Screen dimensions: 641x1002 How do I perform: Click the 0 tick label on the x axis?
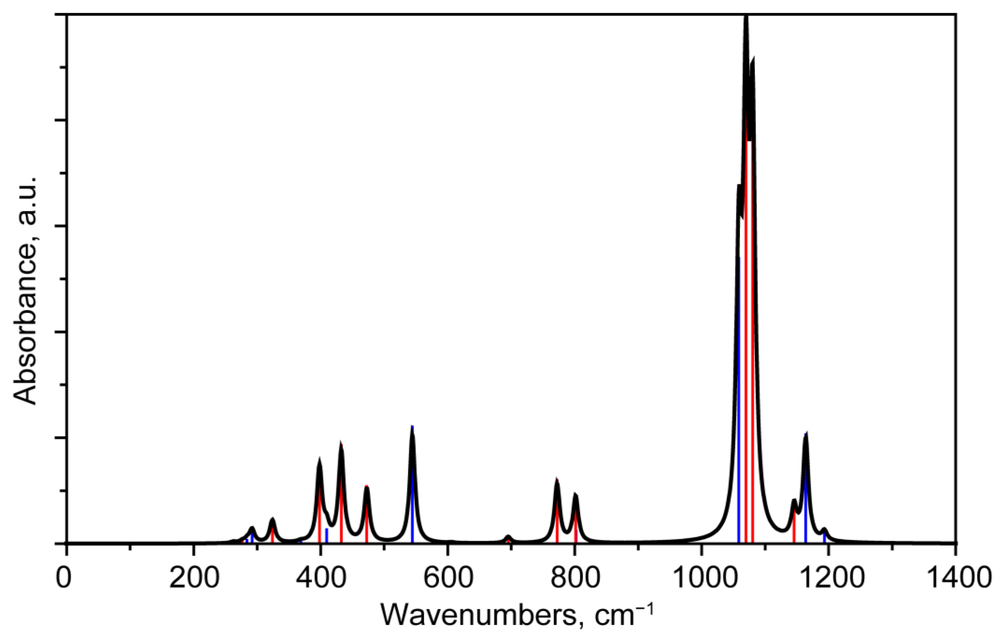(x=64, y=579)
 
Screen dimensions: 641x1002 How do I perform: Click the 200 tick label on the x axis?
(x=193, y=579)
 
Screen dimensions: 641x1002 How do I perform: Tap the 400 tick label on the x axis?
(x=320, y=579)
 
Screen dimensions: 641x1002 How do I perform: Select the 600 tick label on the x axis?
(x=447, y=579)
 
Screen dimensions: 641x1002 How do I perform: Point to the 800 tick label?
(x=575, y=579)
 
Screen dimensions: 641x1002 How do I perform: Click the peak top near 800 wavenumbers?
(x=575, y=494)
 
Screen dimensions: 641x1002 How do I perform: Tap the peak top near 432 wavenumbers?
(x=341, y=444)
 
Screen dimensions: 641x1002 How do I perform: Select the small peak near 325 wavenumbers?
(x=272, y=519)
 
